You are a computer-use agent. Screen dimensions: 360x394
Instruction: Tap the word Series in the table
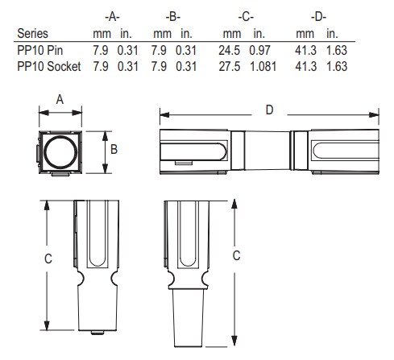click(x=33, y=35)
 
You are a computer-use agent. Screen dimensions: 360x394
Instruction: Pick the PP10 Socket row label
click(x=48, y=65)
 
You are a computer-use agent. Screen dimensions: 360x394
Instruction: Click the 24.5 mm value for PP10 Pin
click(x=232, y=50)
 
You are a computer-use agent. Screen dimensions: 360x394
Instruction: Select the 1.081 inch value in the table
click(x=262, y=65)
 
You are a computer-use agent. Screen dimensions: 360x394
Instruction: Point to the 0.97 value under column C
click(x=259, y=50)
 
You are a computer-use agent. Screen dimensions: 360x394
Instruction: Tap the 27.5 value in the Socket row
click(x=232, y=65)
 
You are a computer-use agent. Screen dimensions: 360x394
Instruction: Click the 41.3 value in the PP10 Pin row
click(x=305, y=50)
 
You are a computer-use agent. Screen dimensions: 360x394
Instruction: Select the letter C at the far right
click(x=257, y=254)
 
